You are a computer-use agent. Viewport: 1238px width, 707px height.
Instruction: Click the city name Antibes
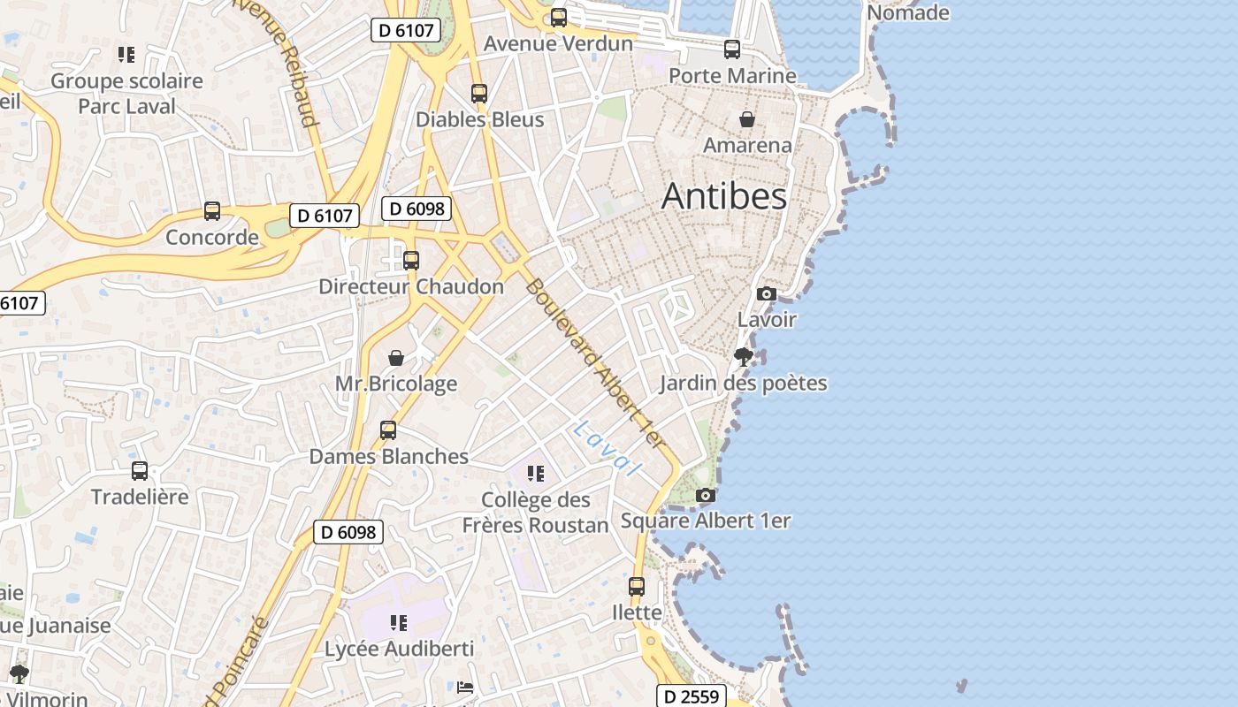(723, 195)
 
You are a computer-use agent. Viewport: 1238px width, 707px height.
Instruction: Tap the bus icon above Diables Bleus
(479, 93)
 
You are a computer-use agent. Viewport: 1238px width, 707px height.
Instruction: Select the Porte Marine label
(732, 75)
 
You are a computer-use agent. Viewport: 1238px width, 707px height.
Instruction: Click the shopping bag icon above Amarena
(747, 118)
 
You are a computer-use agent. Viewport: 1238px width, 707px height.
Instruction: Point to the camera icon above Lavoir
(767, 293)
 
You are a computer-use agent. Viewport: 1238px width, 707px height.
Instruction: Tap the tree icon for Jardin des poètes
(744, 357)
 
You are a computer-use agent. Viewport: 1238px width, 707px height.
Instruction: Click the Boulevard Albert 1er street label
(593, 362)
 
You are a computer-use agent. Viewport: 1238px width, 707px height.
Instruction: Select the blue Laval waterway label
(605, 448)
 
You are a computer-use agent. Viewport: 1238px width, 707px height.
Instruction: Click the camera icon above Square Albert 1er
(705, 495)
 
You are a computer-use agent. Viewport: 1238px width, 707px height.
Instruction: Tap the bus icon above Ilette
(637, 586)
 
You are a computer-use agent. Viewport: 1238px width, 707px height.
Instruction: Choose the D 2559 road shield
(691, 696)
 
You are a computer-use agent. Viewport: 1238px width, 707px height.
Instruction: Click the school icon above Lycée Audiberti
(399, 623)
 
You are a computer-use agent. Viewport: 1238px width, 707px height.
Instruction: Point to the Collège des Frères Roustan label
(535, 513)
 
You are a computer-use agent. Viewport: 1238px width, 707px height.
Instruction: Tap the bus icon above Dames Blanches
(388, 430)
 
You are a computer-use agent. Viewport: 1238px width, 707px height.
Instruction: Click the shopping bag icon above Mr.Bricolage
(396, 358)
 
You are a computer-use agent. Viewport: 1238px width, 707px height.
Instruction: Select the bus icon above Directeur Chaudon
(411, 261)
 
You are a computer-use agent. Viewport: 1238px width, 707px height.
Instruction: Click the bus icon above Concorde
(212, 211)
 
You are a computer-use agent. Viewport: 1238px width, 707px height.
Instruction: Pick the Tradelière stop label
(140, 497)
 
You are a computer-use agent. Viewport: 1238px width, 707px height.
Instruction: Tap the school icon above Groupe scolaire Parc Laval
(126, 55)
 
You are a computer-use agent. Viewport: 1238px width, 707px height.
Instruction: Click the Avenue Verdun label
(558, 43)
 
